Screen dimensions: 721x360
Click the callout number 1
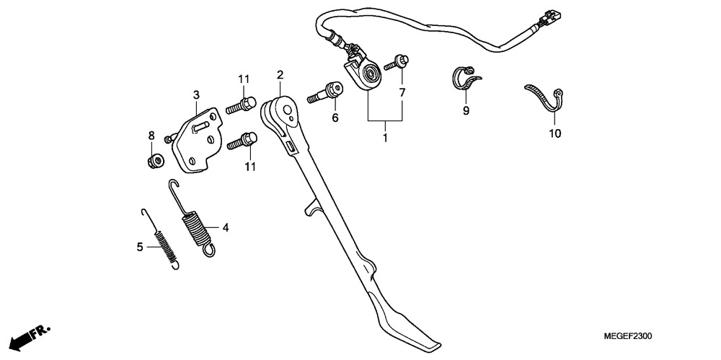[385, 137]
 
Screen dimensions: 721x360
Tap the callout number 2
[280, 74]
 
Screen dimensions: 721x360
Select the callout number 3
[196, 95]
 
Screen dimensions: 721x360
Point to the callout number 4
[225, 227]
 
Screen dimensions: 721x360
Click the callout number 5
[140, 247]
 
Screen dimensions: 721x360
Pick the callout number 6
[335, 118]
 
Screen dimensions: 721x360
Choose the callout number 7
[402, 92]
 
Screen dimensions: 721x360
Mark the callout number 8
[151, 136]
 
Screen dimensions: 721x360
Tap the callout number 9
[465, 110]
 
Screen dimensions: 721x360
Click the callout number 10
[554, 133]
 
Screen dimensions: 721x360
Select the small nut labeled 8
[156, 161]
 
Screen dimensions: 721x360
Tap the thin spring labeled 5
[161, 239]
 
